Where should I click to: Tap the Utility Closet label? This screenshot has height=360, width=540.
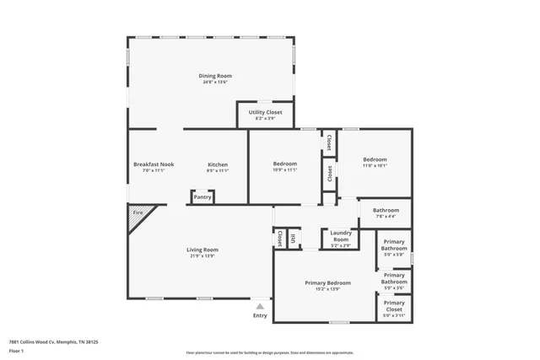pyautogui.click(x=265, y=113)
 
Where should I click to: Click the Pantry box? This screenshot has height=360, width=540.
pyautogui.click(x=202, y=196)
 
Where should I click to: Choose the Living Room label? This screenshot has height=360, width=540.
pyautogui.click(x=202, y=250)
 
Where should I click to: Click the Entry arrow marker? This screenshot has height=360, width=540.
pyautogui.click(x=260, y=307)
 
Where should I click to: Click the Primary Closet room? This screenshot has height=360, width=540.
pyautogui.click(x=394, y=307)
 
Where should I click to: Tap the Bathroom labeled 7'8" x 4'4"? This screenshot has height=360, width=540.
pyautogui.click(x=386, y=211)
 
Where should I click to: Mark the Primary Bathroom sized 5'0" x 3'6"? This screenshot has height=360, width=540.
pyautogui.click(x=394, y=280)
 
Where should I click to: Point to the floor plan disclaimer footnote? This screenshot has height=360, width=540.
pyautogui.click(x=269, y=353)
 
